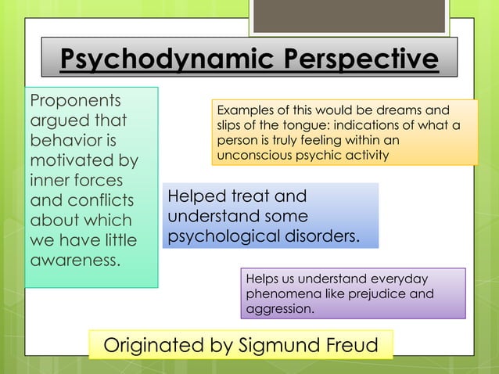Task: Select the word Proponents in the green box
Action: click(x=75, y=102)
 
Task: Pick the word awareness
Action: click(x=75, y=258)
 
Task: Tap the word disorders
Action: click(x=326, y=236)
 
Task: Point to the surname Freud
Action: click(x=352, y=345)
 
